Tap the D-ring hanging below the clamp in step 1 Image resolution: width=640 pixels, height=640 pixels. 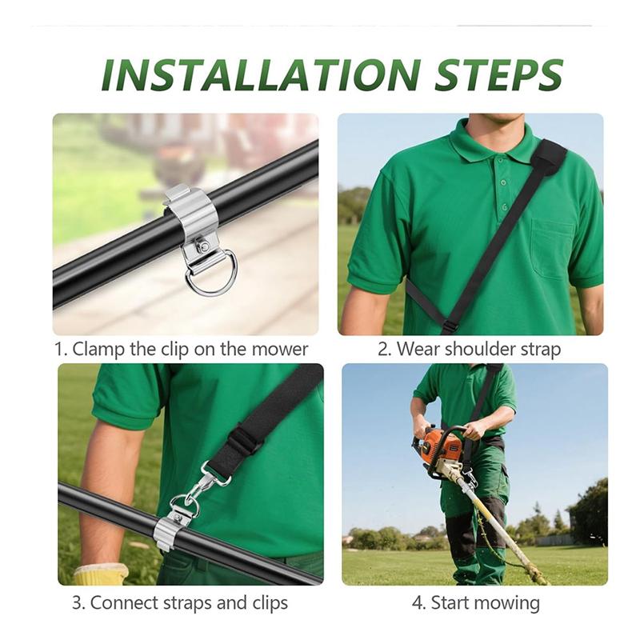click(211, 274)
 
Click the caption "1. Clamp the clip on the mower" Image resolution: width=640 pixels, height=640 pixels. click(181, 349)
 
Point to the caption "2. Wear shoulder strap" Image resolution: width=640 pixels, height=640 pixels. click(469, 349)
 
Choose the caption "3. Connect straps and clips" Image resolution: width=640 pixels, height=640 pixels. click(180, 602)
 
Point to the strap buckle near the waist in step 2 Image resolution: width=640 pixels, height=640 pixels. click(450, 326)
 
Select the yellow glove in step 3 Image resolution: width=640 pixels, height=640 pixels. click(101, 574)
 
